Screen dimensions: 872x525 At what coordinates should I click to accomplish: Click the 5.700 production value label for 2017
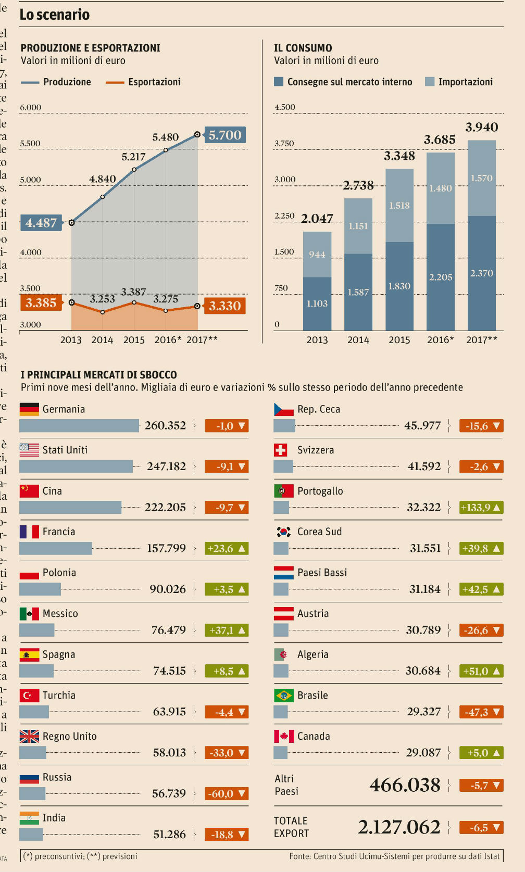pyautogui.click(x=224, y=135)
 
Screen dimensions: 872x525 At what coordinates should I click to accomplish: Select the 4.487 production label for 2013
pyautogui.click(x=41, y=223)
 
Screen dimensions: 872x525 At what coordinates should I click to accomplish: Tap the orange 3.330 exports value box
pyautogui.click(x=224, y=306)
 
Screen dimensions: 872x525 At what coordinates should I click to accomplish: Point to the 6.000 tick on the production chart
pyautogui.click(x=31, y=108)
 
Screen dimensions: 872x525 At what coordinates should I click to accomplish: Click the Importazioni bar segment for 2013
pyautogui.click(x=317, y=254)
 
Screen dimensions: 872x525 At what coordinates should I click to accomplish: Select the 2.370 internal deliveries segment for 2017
pyautogui.click(x=482, y=273)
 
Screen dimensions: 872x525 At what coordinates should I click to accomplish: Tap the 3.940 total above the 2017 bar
pyautogui.click(x=482, y=127)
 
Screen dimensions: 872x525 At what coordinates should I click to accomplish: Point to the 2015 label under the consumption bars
pyautogui.click(x=399, y=340)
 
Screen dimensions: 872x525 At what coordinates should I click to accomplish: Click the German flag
pyautogui.click(x=29, y=409)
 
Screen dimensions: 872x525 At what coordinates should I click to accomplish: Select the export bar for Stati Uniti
pyautogui.click(x=76, y=466)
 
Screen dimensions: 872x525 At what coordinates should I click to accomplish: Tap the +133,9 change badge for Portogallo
pyautogui.click(x=481, y=508)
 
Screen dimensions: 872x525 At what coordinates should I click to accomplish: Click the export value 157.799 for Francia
pyautogui.click(x=166, y=548)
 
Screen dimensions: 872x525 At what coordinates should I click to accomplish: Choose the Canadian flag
pyautogui.click(x=284, y=736)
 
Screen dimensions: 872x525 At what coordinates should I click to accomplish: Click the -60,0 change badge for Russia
pyautogui.click(x=227, y=794)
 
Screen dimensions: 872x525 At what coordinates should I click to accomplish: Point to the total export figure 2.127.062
pyautogui.click(x=399, y=827)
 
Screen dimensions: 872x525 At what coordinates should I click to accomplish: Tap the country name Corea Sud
pyautogui.click(x=319, y=532)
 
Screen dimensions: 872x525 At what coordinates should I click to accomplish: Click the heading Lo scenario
pyautogui.click(x=55, y=15)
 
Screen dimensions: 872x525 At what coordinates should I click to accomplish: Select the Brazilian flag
pyautogui.click(x=284, y=696)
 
